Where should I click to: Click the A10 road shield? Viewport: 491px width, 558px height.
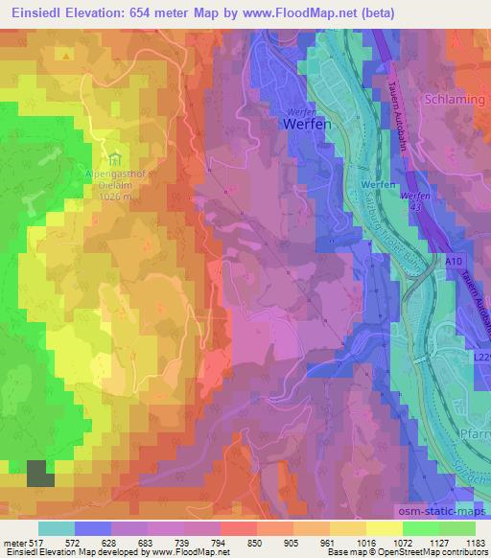pos(453,259)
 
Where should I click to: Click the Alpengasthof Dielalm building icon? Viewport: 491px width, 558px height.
pos(114,156)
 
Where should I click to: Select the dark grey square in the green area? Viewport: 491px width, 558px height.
pos(39,475)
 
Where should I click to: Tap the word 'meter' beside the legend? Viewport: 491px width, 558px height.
pos(13,543)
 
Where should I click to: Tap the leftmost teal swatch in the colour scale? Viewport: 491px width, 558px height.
pos(57,528)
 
